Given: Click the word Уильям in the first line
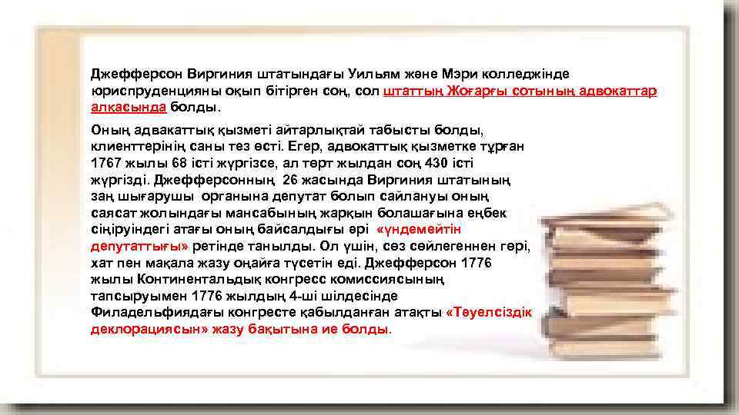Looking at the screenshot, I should tap(349, 74).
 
